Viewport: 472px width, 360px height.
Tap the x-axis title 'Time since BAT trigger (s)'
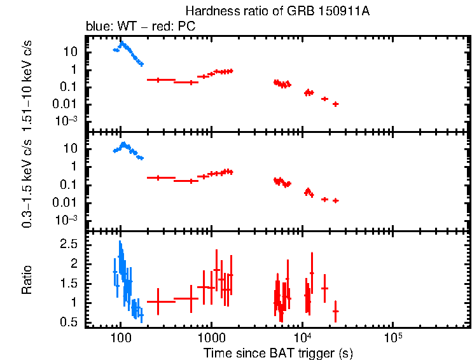pos(278,352)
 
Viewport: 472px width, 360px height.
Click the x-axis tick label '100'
pos(121,337)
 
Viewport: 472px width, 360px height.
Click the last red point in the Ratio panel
pos(335,311)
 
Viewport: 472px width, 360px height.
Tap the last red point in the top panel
pos(335,104)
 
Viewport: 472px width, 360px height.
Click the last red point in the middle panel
pos(335,200)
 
